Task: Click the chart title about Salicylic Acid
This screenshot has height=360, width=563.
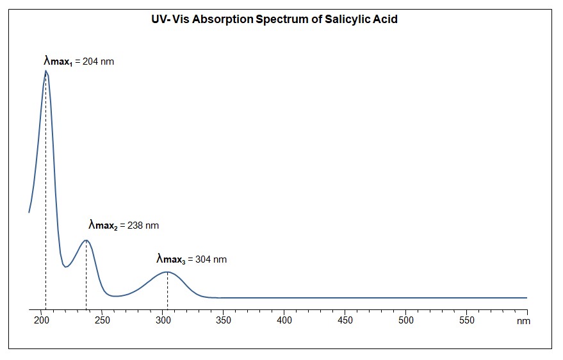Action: pos(273,19)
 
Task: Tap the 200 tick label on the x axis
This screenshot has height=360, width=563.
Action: pos(42,320)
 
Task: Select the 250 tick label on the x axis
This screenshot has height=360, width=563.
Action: pos(102,320)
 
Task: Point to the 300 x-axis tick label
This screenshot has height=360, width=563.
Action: pos(163,320)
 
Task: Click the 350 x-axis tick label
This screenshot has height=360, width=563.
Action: pos(224,320)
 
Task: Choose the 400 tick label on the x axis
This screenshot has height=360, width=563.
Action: pos(284,320)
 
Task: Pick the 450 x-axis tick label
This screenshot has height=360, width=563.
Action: pos(345,320)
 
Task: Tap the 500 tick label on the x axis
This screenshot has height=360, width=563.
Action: pos(406,320)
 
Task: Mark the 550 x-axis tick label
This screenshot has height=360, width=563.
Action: pos(466,320)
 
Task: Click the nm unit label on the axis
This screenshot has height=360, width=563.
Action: pos(524,321)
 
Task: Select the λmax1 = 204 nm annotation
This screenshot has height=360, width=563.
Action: pos(79,62)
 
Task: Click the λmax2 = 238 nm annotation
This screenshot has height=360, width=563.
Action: pos(124,225)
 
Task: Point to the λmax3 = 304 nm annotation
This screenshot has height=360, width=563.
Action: pos(192,259)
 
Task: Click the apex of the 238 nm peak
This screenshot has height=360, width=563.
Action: pos(86,240)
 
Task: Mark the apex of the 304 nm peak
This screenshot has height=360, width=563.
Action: pos(167,272)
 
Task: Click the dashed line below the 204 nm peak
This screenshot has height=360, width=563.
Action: pos(45,192)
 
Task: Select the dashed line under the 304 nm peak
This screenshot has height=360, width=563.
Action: pos(167,291)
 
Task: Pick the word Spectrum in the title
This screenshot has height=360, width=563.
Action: pos(282,19)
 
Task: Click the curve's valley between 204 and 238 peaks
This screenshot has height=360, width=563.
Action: pos(65,266)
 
